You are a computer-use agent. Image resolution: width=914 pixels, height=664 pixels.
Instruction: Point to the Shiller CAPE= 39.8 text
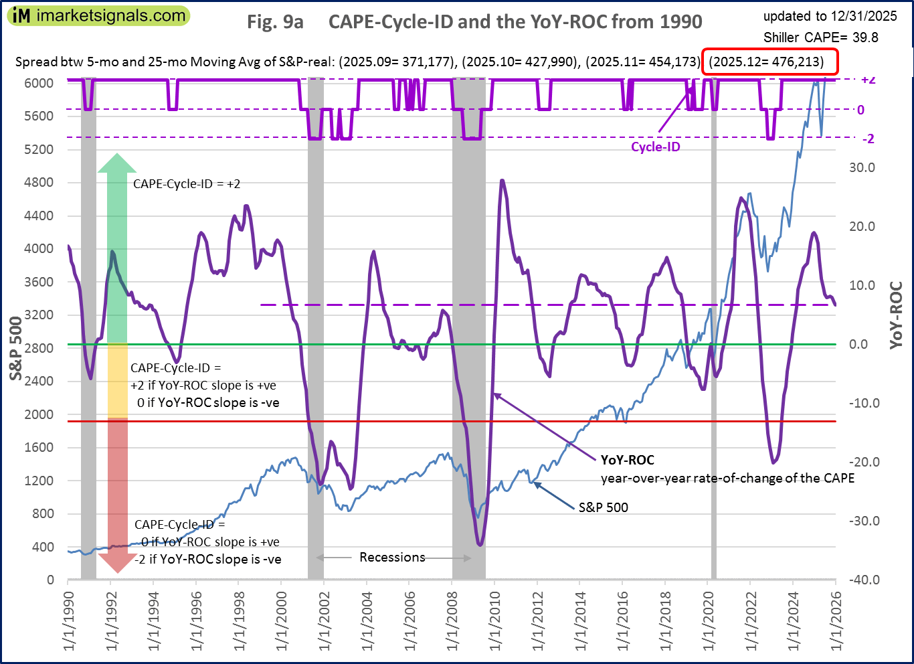(820, 37)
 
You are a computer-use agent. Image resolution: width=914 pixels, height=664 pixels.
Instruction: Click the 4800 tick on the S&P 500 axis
(39, 182)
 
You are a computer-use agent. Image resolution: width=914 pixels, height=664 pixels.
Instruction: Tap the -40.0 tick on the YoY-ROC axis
(864, 580)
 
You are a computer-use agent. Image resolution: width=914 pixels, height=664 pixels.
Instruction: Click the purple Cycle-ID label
(655, 147)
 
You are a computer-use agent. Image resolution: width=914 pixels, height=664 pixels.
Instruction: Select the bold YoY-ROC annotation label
(627, 460)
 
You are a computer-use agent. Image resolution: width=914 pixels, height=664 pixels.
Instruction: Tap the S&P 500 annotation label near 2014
(603, 507)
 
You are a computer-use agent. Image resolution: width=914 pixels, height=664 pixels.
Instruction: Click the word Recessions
(392, 557)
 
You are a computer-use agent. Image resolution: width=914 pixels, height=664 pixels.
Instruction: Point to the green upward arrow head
(117, 163)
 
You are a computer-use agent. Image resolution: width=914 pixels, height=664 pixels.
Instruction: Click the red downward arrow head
(117, 564)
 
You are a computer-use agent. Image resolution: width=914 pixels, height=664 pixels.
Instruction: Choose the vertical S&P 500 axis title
(16, 348)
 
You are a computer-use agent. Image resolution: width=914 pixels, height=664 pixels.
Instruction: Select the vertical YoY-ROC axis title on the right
(897, 315)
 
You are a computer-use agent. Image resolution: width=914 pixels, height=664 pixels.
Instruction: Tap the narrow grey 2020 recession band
(713, 328)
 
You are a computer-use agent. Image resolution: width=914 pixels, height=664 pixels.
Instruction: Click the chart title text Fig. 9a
(275, 22)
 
